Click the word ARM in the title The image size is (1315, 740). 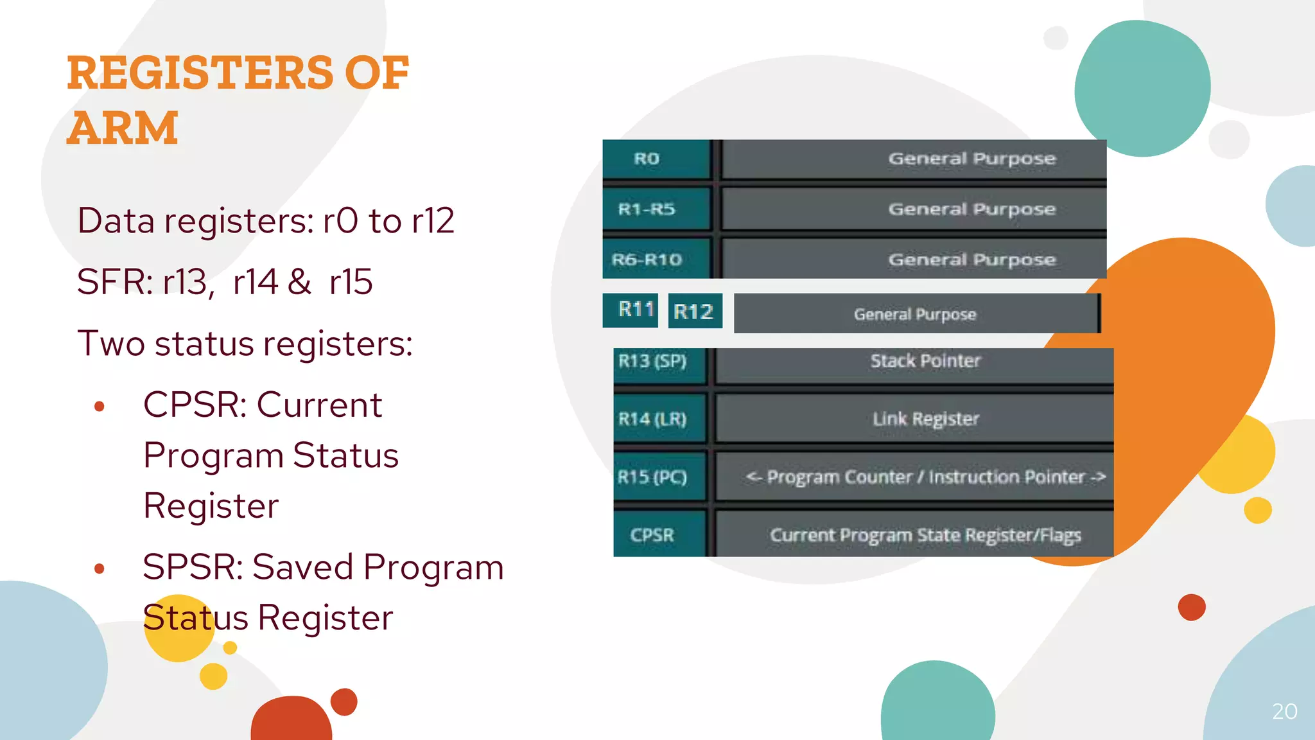122,128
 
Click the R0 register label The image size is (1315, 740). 647,159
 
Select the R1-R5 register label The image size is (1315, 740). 647,209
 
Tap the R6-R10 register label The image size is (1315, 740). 647,260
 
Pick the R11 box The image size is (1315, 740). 636,310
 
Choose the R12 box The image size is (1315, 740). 693,312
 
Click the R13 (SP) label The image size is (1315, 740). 652,361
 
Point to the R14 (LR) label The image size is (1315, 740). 652,419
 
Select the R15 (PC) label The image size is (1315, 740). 652,477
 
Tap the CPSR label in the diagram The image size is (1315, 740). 652,535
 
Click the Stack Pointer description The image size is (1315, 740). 925,361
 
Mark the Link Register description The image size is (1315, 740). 925,419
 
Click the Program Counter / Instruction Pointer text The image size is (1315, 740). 925,477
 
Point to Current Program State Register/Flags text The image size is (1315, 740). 925,535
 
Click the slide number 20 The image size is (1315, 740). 1284,711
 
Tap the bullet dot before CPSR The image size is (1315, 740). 99,406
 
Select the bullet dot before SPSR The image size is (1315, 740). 99,568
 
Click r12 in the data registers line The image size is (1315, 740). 433,221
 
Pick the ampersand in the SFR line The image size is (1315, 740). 299,282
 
